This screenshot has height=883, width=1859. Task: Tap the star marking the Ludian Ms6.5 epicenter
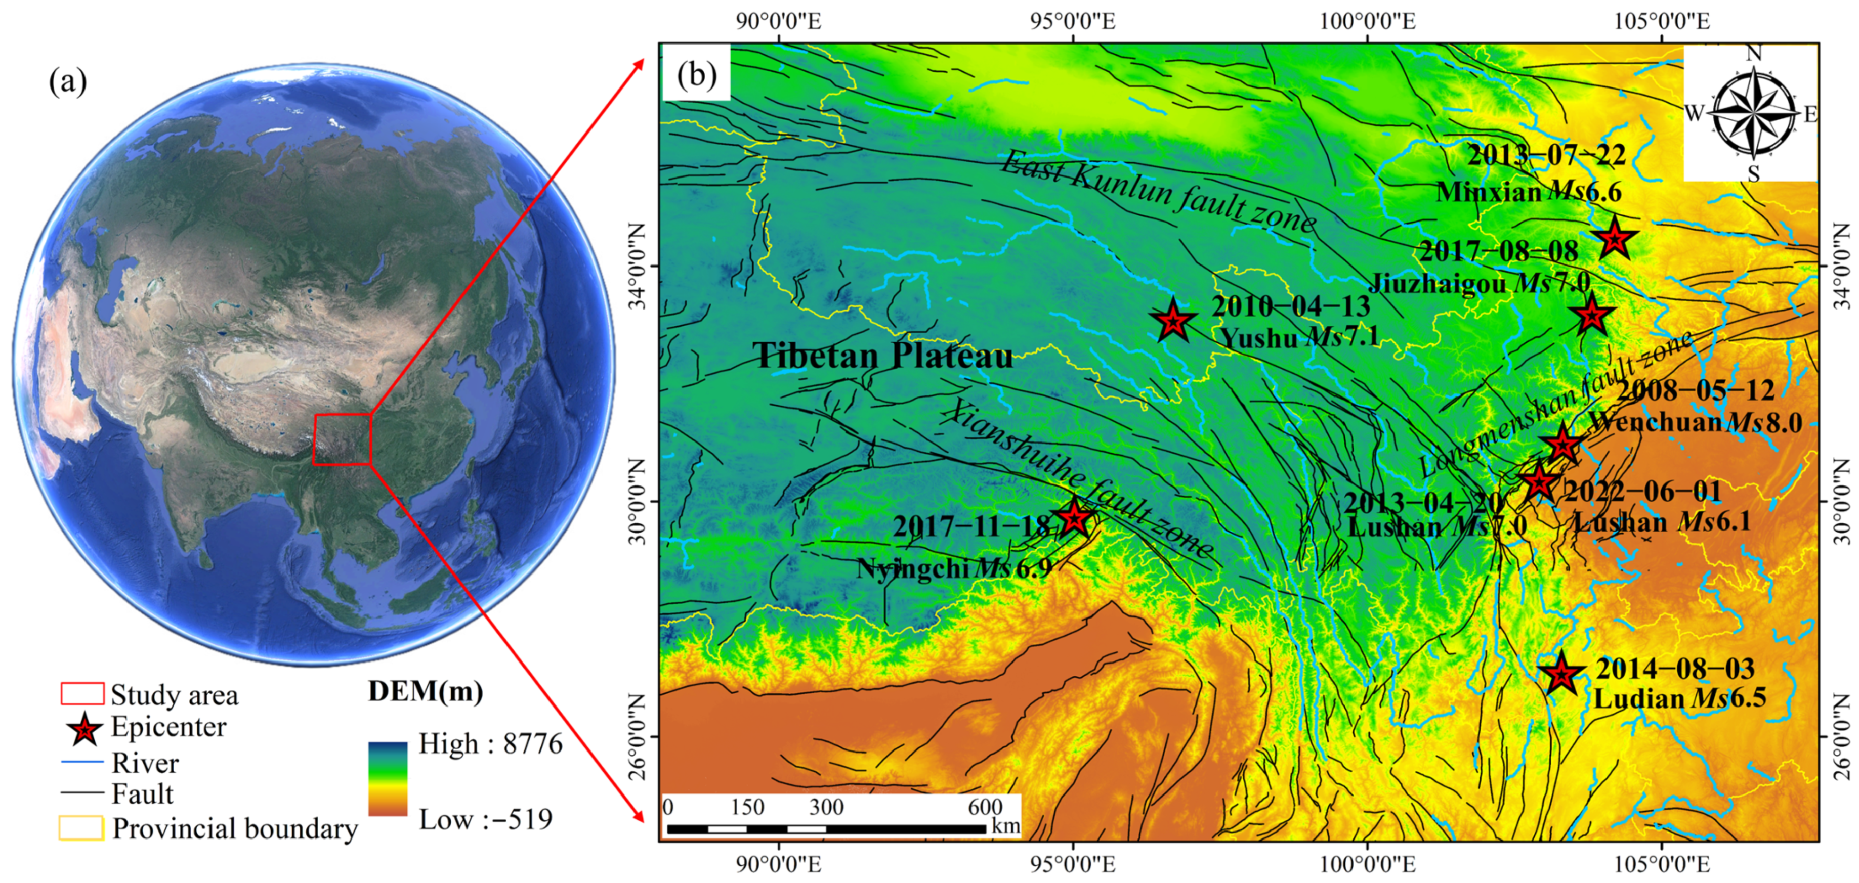click(1561, 674)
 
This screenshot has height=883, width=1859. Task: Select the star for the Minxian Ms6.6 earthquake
click(1615, 238)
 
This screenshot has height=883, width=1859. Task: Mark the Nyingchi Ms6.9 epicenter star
click(1075, 517)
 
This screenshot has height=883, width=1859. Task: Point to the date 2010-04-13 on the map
click(1290, 306)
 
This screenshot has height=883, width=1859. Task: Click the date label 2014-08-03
click(1675, 669)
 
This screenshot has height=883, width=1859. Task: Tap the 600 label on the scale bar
click(985, 807)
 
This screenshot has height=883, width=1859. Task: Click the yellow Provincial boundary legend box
click(81, 828)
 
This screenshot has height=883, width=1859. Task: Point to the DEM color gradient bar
click(388, 779)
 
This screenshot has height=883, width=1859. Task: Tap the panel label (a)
click(68, 81)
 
